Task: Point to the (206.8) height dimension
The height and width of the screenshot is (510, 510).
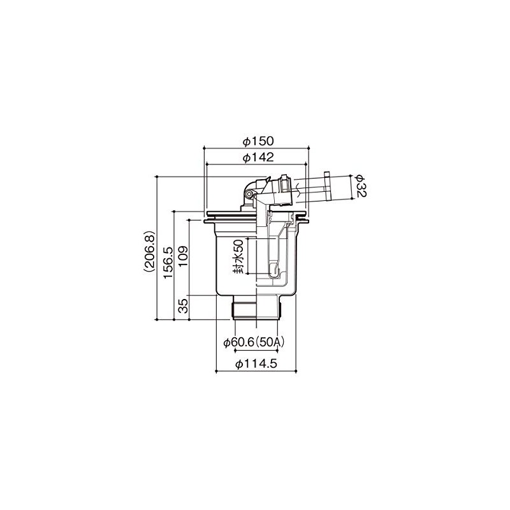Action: (148, 251)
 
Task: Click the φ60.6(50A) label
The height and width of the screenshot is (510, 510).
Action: (254, 342)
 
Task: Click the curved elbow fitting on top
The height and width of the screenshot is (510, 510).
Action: (247, 187)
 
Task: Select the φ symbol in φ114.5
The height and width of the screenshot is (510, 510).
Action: (237, 364)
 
